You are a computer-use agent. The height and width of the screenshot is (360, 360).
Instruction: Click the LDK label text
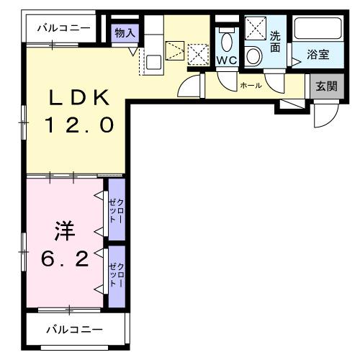(79, 99)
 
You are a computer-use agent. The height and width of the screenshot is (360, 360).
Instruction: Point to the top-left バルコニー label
(63, 28)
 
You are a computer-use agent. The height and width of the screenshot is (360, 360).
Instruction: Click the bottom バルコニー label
(75, 330)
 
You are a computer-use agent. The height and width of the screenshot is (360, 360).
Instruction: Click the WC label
(227, 60)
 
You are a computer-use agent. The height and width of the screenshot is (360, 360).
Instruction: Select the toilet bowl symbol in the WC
(227, 40)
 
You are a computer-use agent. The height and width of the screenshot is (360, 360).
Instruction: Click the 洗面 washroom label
(276, 42)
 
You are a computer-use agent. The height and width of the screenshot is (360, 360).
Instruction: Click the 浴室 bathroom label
(318, 54)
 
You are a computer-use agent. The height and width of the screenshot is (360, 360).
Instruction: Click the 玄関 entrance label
(326, 86)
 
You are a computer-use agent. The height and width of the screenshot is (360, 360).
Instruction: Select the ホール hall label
(250, 86)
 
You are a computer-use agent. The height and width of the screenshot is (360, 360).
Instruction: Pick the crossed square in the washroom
(253, 28)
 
